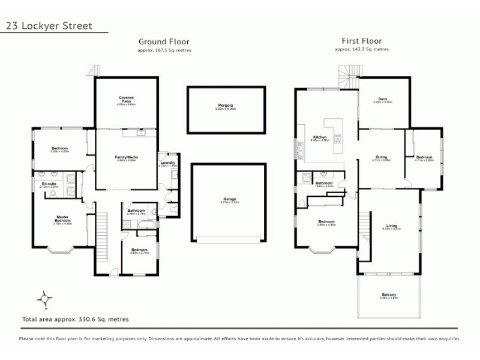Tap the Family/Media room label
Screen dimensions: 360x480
click(126, 157)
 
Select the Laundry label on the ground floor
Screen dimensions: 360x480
click(167, 162)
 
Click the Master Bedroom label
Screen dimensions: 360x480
click(63, 219)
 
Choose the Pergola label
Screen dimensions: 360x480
click(226, 106)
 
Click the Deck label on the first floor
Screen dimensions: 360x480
click(382, 99)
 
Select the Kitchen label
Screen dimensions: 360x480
click(319, 137)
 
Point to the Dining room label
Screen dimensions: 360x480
click(382, 157)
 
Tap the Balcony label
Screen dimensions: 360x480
click(388, 295)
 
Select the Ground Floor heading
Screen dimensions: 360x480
click(164, 42)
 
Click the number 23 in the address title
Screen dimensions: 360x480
click(10, 26)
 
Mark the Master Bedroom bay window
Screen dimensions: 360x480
click(60, 250)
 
